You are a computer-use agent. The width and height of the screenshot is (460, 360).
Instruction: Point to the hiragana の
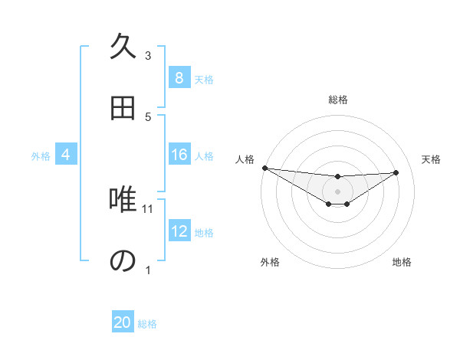(x=123, y=260)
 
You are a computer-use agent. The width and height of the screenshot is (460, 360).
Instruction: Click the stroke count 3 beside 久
(x=148, y=56)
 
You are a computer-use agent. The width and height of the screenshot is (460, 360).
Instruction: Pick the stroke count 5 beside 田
(x=148, y=116)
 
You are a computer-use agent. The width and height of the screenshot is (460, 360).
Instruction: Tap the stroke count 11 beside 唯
(x=149, y=208)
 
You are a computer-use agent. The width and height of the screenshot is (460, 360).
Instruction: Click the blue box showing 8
(x=179, y=78)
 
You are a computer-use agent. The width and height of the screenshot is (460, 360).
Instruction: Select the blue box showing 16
(x=179, y=155)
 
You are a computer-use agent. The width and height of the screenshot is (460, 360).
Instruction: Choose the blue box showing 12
(x=179, y=231)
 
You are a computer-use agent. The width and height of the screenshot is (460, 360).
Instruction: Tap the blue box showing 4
(x=66, y=155)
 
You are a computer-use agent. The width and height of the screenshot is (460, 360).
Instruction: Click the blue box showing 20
(x=123, y=322)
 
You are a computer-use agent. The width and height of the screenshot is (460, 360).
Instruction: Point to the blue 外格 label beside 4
(x=41, y=156)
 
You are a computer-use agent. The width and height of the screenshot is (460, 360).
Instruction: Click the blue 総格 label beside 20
(x=147, y=324)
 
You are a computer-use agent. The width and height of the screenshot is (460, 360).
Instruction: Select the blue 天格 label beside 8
(x=204, y=79)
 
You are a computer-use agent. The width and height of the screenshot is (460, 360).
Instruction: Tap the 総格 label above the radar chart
(x=337, y=100)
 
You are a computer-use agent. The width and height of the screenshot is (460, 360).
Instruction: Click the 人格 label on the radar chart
(x=245, y=159)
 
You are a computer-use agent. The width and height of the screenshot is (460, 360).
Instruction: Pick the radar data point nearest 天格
(x=396, y=172)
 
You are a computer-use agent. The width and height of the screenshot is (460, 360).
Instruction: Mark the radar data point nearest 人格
(x=264, y=168)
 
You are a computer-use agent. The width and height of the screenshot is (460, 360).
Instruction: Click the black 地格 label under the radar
(x=402, y=262)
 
